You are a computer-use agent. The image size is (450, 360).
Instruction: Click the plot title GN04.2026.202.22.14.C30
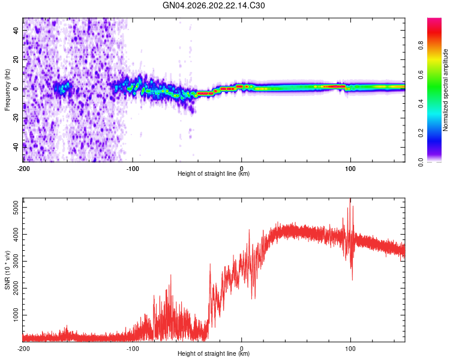tap(214, 5)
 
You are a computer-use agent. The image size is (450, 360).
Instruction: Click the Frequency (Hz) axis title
tap(7, 90)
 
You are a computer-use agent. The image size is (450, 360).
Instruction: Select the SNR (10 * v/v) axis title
tap(7, 270)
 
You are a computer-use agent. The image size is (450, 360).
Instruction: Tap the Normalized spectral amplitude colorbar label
tap(445, 90)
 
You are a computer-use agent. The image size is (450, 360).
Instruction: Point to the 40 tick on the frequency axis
tap(16, 30)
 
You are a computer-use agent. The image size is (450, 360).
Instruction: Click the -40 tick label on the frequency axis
tap(16, 148)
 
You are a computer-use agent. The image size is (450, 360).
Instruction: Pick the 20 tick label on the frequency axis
tap(16, 60)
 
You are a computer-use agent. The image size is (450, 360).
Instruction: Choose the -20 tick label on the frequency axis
tap(16, 118)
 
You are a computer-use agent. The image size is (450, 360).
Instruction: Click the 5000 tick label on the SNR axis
tap(16, 207)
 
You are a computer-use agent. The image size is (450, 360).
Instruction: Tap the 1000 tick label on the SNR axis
tap(16, 315)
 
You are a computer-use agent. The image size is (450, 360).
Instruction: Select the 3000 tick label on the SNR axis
tap(16, 261)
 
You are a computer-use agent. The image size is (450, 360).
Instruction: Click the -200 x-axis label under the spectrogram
tap(23, 169)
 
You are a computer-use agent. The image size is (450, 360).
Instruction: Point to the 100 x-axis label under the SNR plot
tap(350, 349)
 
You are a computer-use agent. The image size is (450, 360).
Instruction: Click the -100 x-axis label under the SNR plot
tap(133, 349)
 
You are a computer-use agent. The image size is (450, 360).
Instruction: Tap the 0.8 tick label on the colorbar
tap(421, 45)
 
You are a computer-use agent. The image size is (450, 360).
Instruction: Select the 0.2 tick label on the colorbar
tap(421, 133)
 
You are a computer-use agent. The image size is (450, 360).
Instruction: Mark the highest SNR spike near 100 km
tap(350, 199)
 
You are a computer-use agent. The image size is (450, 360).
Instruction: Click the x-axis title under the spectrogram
tap(214, 173)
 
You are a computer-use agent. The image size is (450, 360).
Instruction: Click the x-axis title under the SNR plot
tap(214, 353)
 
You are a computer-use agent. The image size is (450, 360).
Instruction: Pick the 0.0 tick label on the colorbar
tap(421, 162)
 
